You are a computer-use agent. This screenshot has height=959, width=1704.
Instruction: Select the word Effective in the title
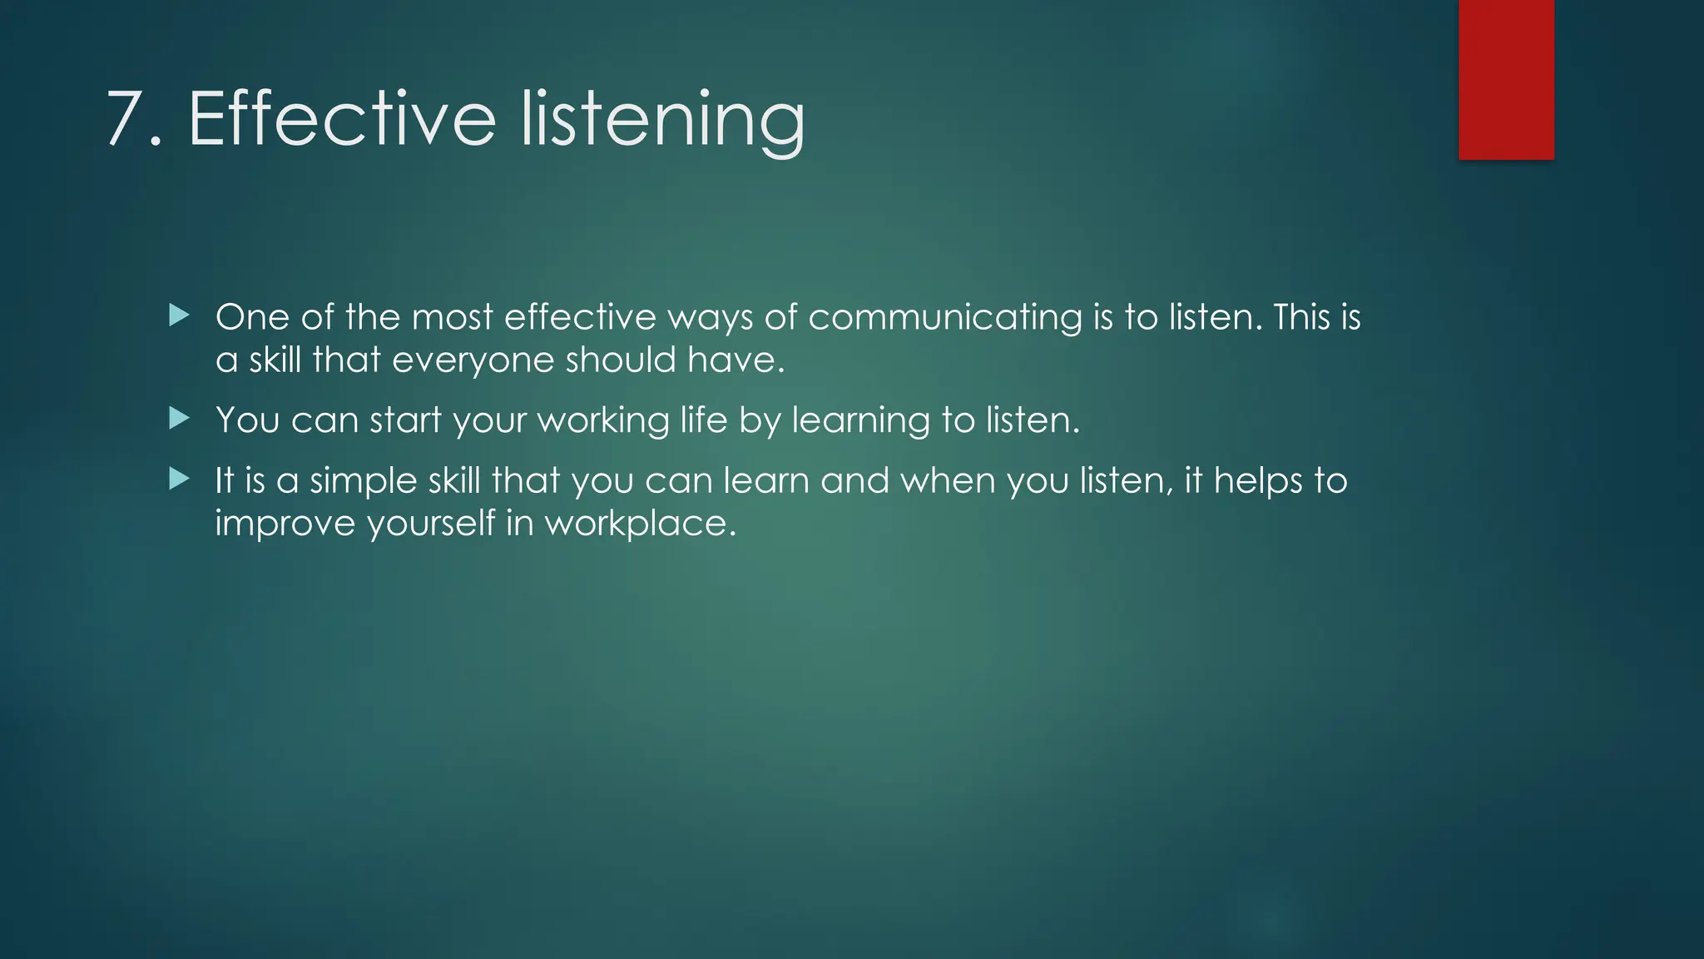tap(342, 118)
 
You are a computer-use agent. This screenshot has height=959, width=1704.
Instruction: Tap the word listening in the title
tap(662, 122)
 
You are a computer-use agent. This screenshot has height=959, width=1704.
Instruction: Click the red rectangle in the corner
tap(1506, 79)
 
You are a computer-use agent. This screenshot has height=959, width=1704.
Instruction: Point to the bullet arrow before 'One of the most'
tap(179, 315)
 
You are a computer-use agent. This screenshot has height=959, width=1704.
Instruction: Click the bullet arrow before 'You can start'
tap(179, 418)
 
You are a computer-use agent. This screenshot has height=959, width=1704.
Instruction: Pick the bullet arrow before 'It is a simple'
tap(179, 479)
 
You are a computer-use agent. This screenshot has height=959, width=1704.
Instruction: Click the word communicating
tap(944, 318)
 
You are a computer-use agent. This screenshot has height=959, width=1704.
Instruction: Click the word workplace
tap(640, 524)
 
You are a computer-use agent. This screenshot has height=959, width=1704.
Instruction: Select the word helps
tap(1257, 481)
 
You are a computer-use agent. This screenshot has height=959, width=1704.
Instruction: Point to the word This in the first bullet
tap(1301, 317)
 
